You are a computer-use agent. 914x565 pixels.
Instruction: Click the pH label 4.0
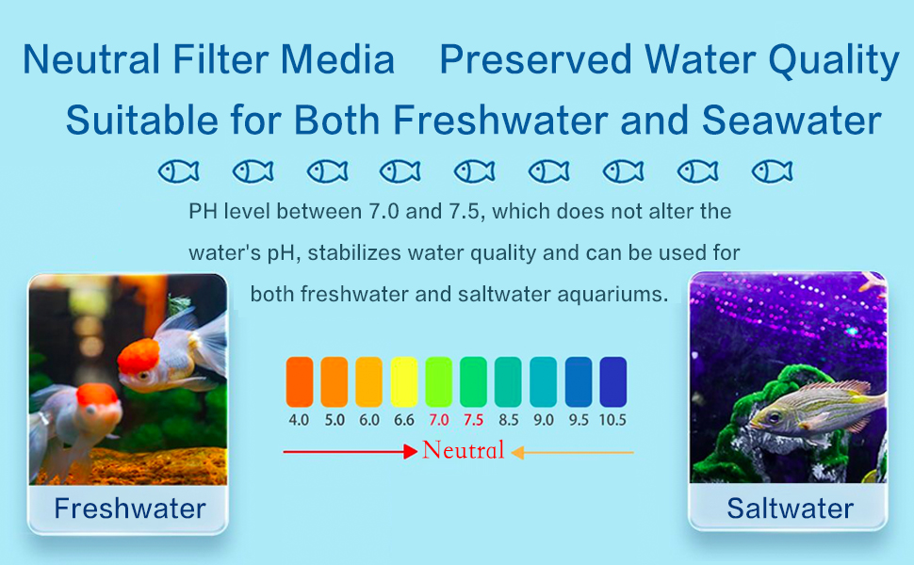[299, 420]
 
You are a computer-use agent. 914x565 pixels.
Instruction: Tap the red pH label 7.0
[439, 420]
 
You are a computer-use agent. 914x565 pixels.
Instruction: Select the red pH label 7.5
[473, 420]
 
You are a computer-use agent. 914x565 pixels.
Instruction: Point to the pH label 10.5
[612, 420]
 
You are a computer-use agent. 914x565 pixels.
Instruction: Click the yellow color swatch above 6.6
[403, 381]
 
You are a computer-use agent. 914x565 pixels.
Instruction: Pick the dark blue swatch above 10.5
[612, 381]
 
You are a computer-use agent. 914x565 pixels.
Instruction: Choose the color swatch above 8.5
[508, 381]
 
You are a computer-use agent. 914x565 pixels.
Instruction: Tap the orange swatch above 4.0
[299, 381]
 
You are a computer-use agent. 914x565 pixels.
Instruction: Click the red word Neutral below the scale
[463, 450]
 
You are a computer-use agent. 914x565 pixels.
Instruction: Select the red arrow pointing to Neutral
[350, 452]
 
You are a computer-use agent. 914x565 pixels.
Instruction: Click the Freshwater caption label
[130, 509]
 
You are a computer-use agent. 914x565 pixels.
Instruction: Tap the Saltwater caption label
[790, 509]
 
